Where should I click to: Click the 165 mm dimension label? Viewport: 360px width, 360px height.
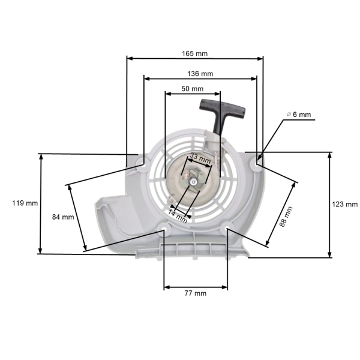(195, 53)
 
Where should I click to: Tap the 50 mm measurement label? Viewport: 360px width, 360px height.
(192, 88)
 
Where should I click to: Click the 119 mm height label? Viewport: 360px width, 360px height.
(25, 203)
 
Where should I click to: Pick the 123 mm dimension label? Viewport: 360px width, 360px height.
(344, 204)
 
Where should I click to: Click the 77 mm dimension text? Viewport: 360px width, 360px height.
(195, 293)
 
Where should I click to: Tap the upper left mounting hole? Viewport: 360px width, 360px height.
(143, 160)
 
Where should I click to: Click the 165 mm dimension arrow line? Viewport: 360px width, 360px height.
(195, 59)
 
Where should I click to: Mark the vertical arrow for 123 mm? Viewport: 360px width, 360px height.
(329, 204)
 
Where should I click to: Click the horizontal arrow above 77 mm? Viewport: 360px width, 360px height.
(195, 286)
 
